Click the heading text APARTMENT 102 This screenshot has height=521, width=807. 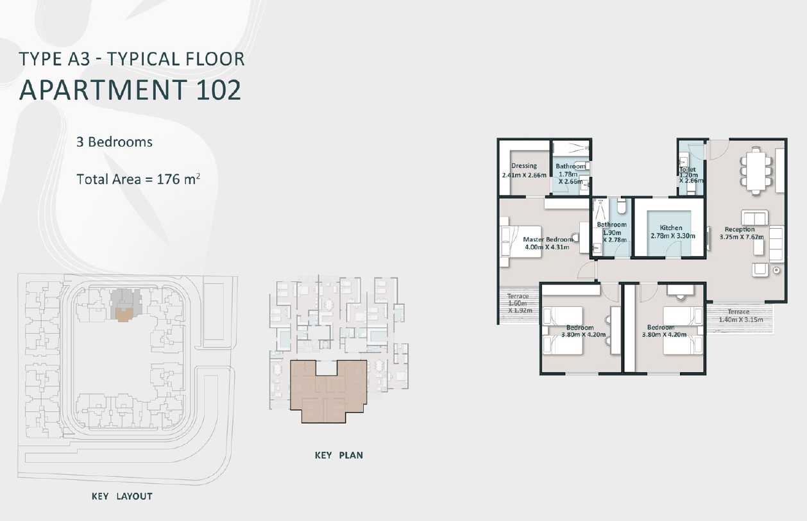130,90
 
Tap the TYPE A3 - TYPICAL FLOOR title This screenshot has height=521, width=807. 132,59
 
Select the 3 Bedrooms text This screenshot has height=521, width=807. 114,142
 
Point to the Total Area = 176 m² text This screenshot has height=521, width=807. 139,179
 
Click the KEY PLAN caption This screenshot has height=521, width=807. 339,455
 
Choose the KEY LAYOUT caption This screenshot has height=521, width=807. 122,496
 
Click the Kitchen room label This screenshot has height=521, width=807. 671,227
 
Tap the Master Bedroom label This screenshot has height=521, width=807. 548,239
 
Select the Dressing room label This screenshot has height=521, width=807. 524,165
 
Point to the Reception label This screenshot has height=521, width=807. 740,229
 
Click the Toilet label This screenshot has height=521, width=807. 688,169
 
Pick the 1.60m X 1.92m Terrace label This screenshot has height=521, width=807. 519,303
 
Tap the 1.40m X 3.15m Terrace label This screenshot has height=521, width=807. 740,315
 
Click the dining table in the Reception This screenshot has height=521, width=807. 756,171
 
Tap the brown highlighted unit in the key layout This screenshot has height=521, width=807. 124,315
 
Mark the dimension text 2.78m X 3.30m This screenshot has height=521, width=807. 673,236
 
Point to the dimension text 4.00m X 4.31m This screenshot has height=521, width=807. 547,247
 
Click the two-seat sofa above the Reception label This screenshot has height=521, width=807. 754,218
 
